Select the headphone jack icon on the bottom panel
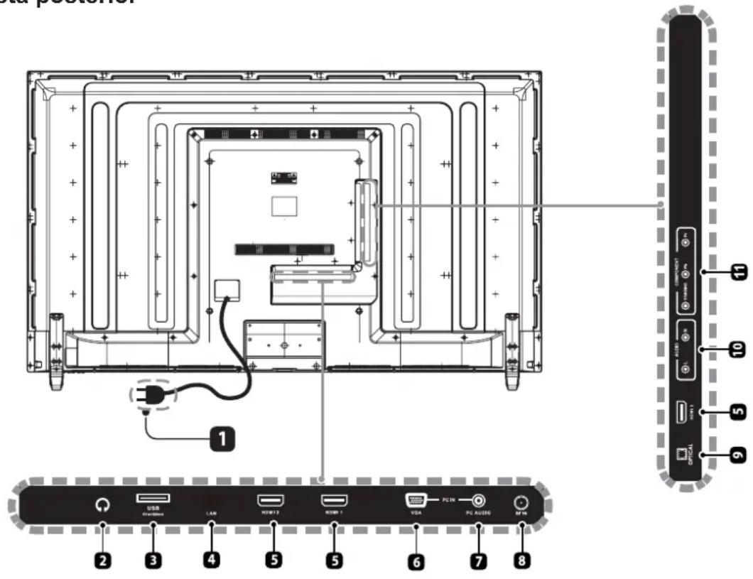(104, 505)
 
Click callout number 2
(104, 561)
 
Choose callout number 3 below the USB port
(151, 561)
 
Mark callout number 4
(212, 561)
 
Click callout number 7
(478, 561)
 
